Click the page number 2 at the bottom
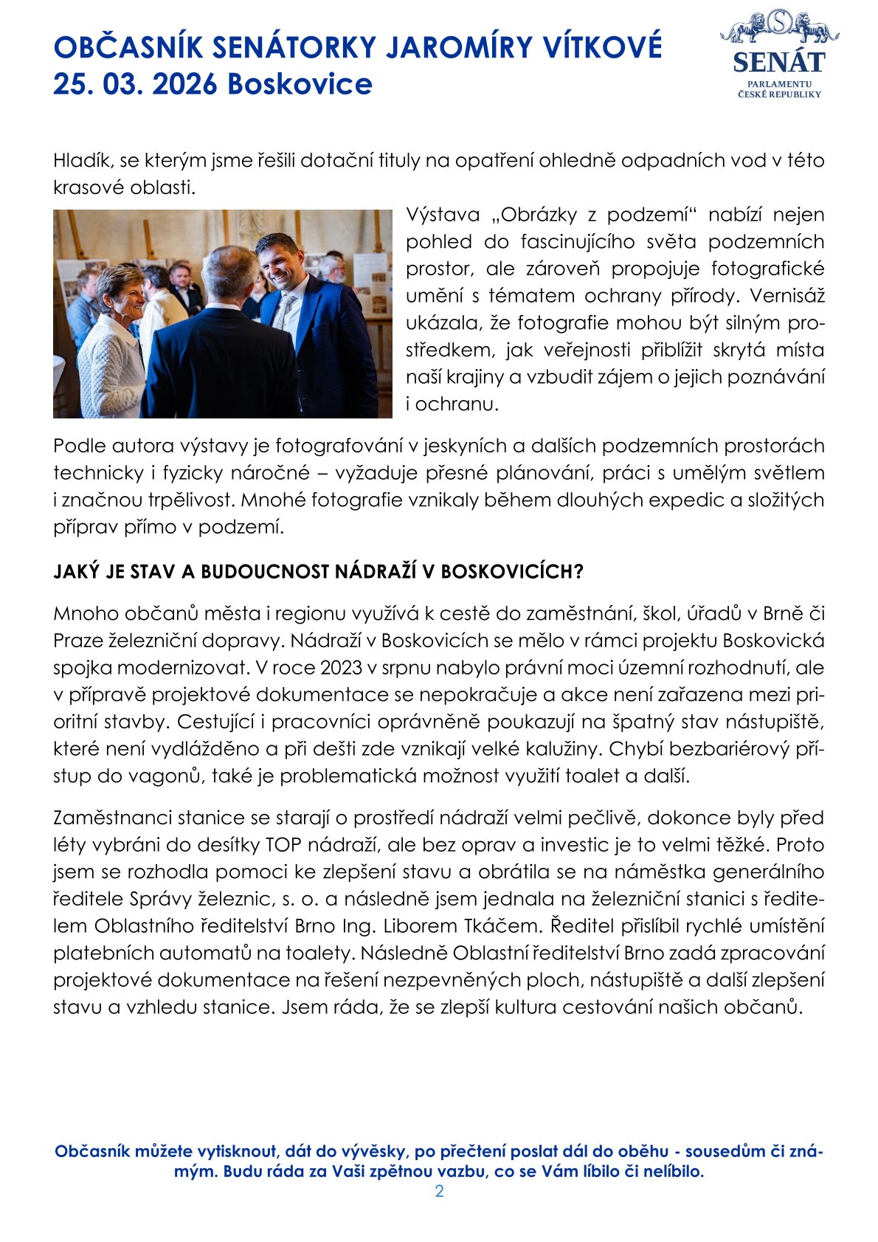tap(439, 1191)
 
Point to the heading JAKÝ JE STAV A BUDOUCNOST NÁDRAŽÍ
tap(318, 571)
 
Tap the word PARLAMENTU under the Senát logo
tap(779, 85)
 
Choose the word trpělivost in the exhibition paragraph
tap(185, 500)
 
